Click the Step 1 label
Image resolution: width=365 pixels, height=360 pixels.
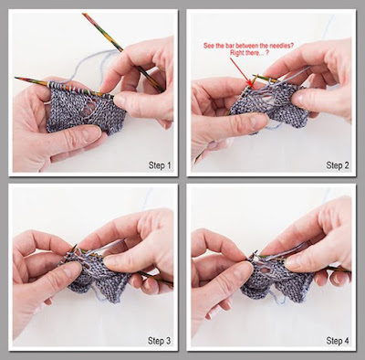tap(160, 165)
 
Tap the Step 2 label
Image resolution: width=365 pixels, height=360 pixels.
tap(338, 165)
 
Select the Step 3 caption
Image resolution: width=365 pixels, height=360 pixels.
tap(160, 341)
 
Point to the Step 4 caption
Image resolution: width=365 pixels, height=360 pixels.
tap(338, 341)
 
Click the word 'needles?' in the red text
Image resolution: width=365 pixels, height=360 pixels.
tap(282, 46)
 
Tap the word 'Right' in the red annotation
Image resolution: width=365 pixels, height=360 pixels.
tap(236, 52)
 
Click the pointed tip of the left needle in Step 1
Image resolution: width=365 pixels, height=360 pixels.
tap(16, 79)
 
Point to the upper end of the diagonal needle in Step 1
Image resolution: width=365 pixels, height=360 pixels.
tap(84, 15)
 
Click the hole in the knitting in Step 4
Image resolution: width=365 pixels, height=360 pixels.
tap(265, 270)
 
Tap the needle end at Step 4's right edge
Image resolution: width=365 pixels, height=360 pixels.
tap(349, 271)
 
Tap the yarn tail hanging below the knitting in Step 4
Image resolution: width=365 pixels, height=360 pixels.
tap(278, 297)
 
